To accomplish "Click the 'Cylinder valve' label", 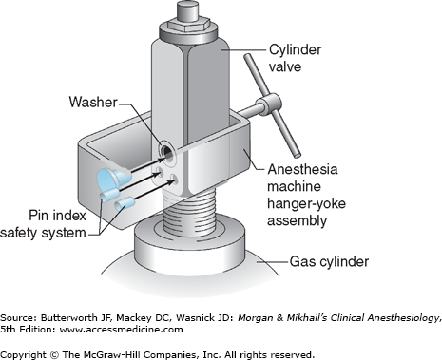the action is click(296, 58).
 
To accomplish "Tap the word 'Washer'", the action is click(93, 103).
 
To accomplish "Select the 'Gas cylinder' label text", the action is click(329, 262).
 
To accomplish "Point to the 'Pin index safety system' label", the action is click(43, 224).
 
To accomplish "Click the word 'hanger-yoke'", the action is click(306, 203).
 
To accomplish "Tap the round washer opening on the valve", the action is click(167, 151).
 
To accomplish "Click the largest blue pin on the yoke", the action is click(113, 178).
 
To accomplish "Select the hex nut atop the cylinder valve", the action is click(189, 24).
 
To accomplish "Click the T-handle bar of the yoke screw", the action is click(272, 105).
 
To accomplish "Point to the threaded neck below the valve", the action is click(188, 209).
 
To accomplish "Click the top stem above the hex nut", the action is click(188, 10).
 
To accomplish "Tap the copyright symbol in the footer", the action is click(54, 354).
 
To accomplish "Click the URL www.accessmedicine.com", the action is click(121, 330).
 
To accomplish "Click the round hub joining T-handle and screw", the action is click(268, 103).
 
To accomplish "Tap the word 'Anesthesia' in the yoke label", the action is click(302, 169).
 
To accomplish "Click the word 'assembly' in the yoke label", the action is click(297, 220).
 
